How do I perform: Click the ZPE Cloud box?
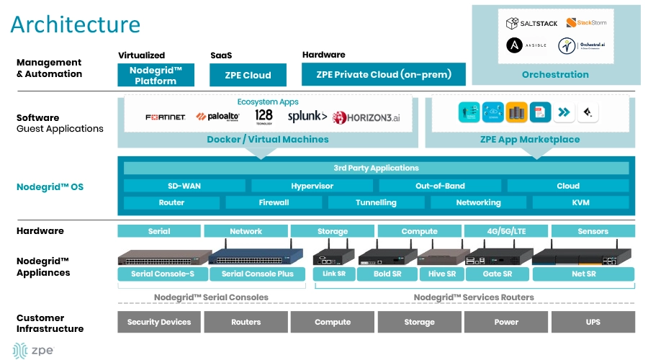(x=247, y=75)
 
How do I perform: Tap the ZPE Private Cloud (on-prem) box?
(x=384, y=75)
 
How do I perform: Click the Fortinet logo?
(x=166, y=117)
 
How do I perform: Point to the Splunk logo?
(x=307, y=116)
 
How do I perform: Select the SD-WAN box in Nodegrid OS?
(x=184, y=186)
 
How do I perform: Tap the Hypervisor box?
(x=312, y=186)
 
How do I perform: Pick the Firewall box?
(x=274, y=202)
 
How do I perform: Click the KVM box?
(x=580, y=202)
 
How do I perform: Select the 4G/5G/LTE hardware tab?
(x=505, y=231)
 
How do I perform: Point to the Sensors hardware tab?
(x=593, y=231)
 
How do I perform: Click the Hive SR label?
(x=442, y=274)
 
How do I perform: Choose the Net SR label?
(x=583, y=274)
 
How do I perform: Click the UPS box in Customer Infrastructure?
(x=593, y=322)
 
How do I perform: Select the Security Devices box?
(x=159, y=322)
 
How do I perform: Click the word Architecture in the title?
(x=75, y=24)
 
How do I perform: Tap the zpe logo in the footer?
(x=32, y=350)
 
